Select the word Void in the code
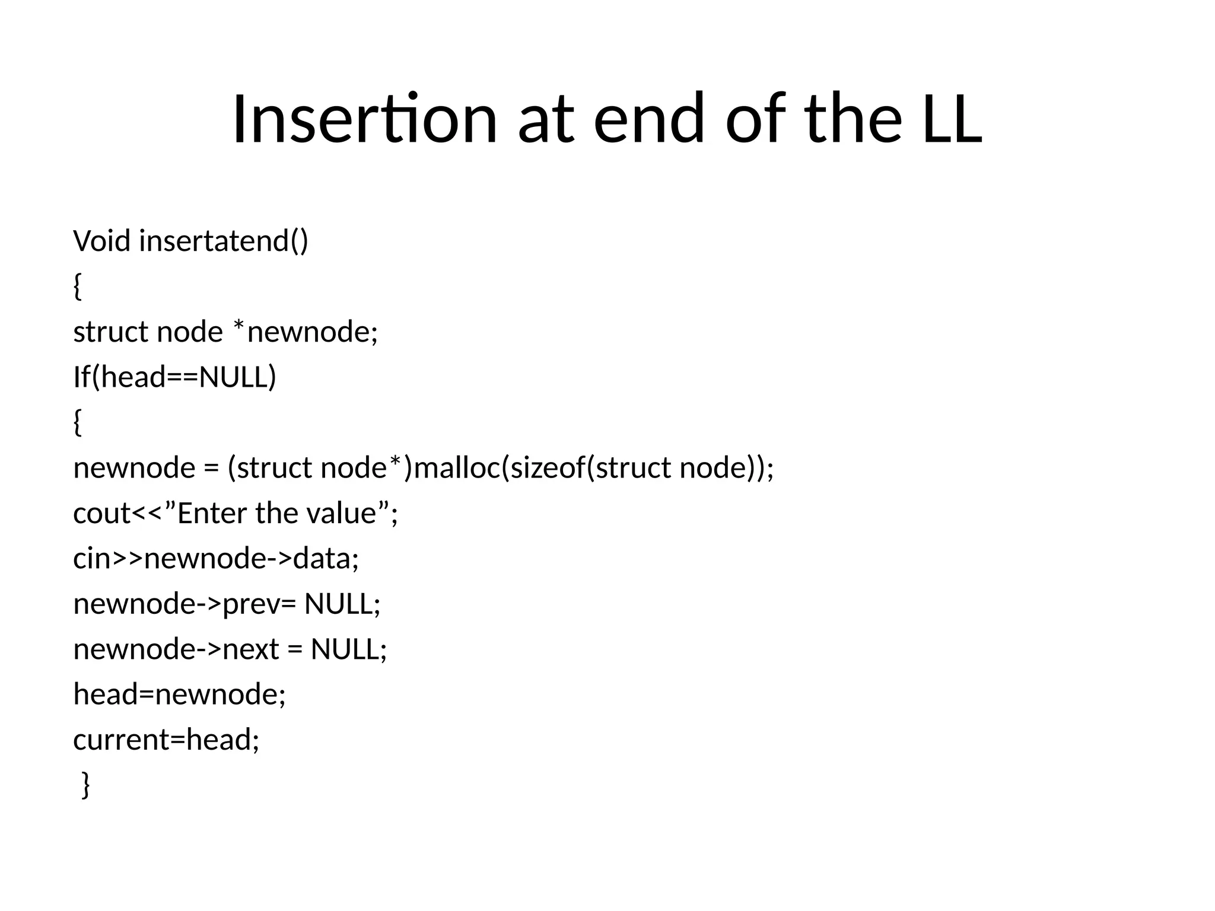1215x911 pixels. (x=101, y=241)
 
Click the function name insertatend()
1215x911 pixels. (x=224, y=241)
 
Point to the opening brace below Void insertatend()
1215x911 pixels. (x=77, y=287)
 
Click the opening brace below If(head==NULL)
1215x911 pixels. (x=77, y=423)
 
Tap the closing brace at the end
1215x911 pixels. (x=85, y=785)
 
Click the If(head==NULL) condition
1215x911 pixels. (x=174, y=377)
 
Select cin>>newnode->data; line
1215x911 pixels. (x=216, y=559)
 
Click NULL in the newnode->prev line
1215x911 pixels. (x=342, y=604)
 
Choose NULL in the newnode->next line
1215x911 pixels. (x=349, y=649)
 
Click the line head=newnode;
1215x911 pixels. (x=179, y=695)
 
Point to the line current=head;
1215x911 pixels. (x=166, y=740)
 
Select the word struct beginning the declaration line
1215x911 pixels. (x=110, y=332)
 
